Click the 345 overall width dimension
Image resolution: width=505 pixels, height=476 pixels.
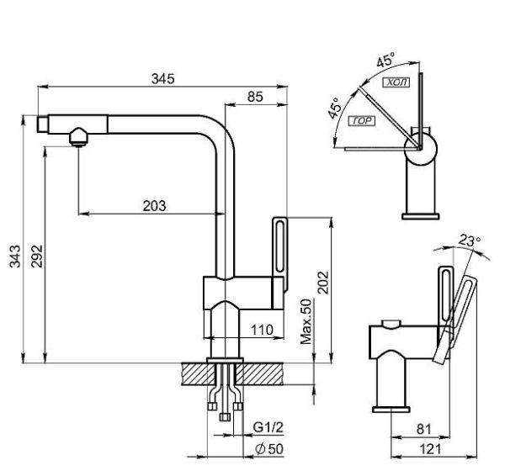(x=163, y=79)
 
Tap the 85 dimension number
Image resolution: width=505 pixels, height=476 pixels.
(x=255, y=97)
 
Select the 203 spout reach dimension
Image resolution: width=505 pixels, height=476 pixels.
(x=154, y=206)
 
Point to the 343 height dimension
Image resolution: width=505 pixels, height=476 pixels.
(x=15, y=256)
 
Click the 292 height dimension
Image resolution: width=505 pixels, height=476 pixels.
(x=37, y=256)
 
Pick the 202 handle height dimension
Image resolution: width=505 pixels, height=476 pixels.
(x=323, y=283)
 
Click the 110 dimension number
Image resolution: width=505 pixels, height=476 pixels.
(x=262, y=330)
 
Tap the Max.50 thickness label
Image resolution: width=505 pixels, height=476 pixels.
(x=306, y=321)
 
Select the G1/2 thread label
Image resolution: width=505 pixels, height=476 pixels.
(x=268, y=427)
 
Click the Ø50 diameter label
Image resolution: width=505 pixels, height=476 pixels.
(x=269, y=449)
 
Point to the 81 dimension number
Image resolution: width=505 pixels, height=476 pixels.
(x=424, y=429)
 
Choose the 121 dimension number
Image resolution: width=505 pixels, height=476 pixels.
(x=430, y=449)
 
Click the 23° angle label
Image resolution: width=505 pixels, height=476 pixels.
(x=470, y=240)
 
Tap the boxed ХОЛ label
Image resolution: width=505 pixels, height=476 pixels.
(x=396, y=82)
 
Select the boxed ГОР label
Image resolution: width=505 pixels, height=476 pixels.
(x=362, y=121)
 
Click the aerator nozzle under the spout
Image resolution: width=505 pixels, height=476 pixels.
(x=78, y=137)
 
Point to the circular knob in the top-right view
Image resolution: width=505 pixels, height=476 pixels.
(x=421, y=149)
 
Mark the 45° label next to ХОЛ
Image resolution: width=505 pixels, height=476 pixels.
(x=385, y=60)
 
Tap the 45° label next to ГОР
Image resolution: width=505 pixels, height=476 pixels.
(x=335, y=108)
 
